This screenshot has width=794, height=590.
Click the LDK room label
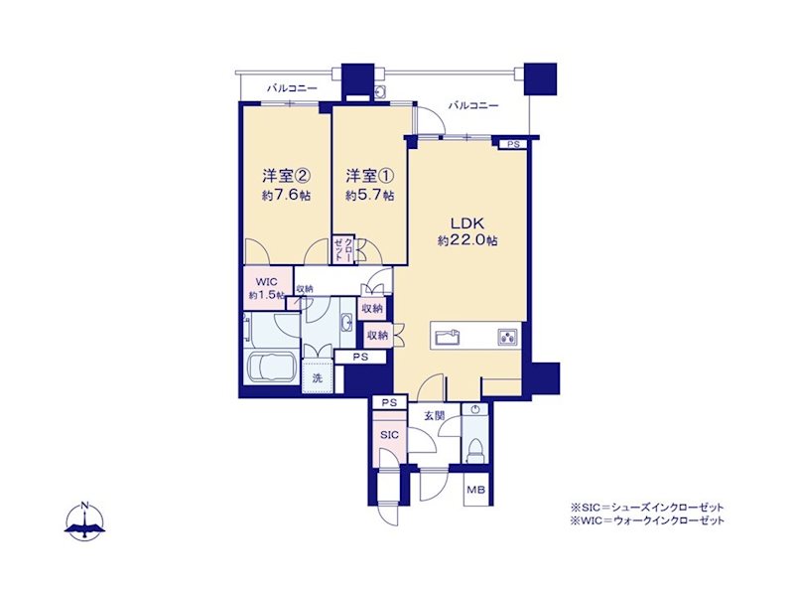[467, 223]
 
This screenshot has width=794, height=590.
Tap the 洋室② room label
[286, 176]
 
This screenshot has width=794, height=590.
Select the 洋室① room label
[369, 176]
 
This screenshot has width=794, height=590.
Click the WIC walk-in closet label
[266, 282]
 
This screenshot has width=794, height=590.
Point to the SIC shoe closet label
[389, 435]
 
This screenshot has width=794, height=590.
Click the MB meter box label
[476, 490]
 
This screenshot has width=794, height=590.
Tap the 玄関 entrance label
[435, 416]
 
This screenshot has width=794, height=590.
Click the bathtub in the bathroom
[272, 367]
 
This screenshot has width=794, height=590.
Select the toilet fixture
[475, 449]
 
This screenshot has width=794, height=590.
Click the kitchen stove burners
[507, 336]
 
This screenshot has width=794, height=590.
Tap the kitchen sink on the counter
[447, 337]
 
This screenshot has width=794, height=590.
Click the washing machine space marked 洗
[318, 376]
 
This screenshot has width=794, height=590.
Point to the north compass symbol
[84, 521]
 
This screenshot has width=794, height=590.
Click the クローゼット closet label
[342, 249]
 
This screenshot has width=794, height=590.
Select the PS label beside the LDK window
[513, 144]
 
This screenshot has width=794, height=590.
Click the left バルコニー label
[292, 88]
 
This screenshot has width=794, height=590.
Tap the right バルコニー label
[473, 105]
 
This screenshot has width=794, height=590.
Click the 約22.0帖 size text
[467, 240]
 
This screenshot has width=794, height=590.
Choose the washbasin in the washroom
[347, 323]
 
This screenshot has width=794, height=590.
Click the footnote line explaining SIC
[647, 508]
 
